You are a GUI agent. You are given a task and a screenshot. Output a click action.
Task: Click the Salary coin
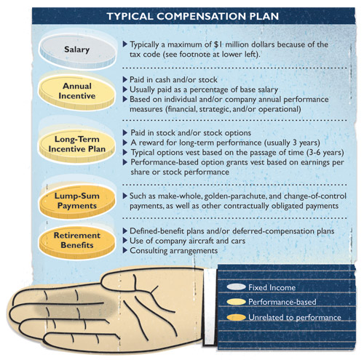pos(77,52)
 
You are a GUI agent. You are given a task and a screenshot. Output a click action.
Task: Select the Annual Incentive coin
pos(77,92)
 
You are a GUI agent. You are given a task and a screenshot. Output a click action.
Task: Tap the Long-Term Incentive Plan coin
pos(77,145)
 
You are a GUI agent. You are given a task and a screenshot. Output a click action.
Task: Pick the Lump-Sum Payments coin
pos(77,201)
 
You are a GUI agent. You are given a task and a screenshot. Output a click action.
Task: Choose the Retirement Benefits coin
pos(77,242)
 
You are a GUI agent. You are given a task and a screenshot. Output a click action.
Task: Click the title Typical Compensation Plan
pos(193,16)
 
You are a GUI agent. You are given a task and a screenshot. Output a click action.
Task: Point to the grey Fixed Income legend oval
pos(236,287)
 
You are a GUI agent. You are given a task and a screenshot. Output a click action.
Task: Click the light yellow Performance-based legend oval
pos(236,302)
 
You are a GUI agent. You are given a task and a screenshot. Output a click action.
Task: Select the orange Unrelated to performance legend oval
pos(236,317)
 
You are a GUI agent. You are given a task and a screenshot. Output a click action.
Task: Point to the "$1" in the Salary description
pos(218,44)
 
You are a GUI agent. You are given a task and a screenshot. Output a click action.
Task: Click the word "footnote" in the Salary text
pos(195,55)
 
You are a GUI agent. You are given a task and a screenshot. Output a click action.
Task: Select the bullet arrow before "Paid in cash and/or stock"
pos(125,79)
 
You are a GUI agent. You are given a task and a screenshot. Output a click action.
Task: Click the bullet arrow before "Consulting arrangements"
pos(125,250)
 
